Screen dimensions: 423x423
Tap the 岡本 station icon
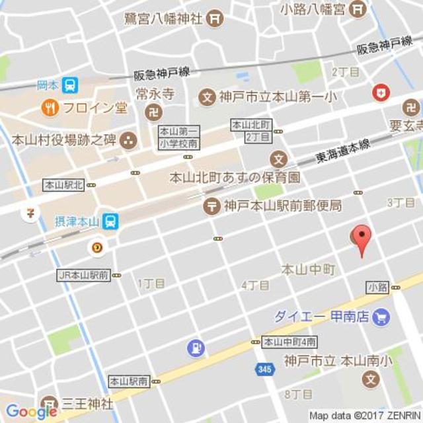pyautogui.click(x=69, y=85)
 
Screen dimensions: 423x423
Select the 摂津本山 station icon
pyautogui.click(x=110, y=221)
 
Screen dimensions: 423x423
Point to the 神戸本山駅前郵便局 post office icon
pyautogui.click(x=211, y=206)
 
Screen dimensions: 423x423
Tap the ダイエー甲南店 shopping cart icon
pyautogui.click(x=380, y=317)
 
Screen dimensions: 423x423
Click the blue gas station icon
pyautogui.click(x=196, y=348)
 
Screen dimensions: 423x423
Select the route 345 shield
pyautogui.click(x=264, y=369)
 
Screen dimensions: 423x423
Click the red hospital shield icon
pyautogui.click(x=381, y=93)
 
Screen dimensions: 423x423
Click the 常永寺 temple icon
pyautogui.click(x=153, y=111)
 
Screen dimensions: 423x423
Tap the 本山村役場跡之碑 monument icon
pyautogui.click(x=128, y=139)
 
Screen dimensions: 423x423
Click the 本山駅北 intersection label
pyautogui.click(x=63, y=186)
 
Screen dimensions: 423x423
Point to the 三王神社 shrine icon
pyautogui.click(x=49, y=403)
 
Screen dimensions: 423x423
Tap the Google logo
pyautogui.click(x=30, y=412)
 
